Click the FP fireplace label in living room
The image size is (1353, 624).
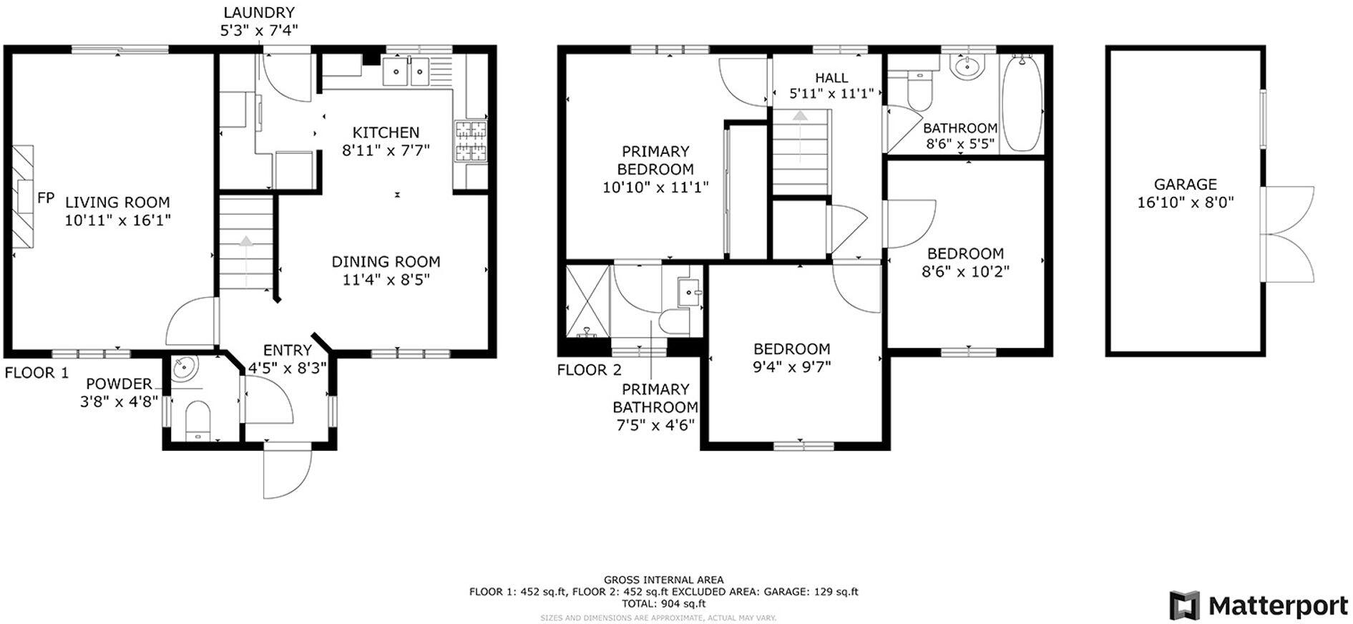pos(46,198)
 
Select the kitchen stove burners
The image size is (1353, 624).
pos(471,140)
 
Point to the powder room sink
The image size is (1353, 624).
pos(184,369)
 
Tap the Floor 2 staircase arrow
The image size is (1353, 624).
pos(799,116)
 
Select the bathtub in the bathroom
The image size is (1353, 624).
pos(1021,103)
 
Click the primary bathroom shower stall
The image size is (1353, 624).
pos(587,300)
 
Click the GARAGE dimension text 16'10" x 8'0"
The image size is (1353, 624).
pos(1185,203)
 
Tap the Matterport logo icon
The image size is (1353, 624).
pos(1184,605)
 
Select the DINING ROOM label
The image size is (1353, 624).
pos(386,262)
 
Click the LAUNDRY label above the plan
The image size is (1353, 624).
pos(258,12)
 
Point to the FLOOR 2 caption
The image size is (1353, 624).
pos(589,370)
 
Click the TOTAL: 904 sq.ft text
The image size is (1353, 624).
pos(663,603)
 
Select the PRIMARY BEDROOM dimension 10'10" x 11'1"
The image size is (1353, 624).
pos(655,187)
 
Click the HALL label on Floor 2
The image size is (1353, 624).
pos(831,77)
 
